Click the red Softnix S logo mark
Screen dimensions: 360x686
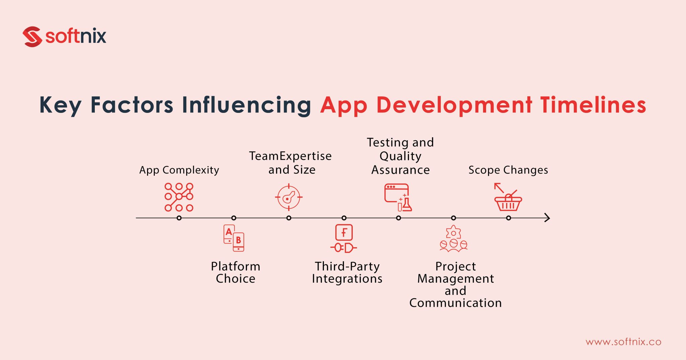coord(32,37)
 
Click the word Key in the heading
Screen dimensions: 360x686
coord(60,105)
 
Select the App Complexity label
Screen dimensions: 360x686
coord(179,170)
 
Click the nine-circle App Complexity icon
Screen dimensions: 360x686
coord(179,197)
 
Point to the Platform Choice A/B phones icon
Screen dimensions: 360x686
coord(234,238)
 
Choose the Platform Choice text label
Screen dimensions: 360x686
coord(235,272)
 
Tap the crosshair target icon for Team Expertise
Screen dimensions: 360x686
coord(289,197)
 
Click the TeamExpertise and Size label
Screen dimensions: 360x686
coord(290,163)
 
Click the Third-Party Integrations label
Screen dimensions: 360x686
coord(347,272)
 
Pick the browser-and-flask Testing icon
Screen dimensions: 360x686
coord(398,197)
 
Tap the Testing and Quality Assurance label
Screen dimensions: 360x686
coord(400,156)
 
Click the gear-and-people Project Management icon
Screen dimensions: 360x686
coord(454,238)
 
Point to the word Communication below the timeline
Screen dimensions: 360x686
coord(456,303)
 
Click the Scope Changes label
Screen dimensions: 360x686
coord(508,170)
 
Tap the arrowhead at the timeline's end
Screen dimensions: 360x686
coord(547,218)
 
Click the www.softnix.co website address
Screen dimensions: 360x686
coord(623,342)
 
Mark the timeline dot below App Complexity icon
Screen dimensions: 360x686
coord(179,218)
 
